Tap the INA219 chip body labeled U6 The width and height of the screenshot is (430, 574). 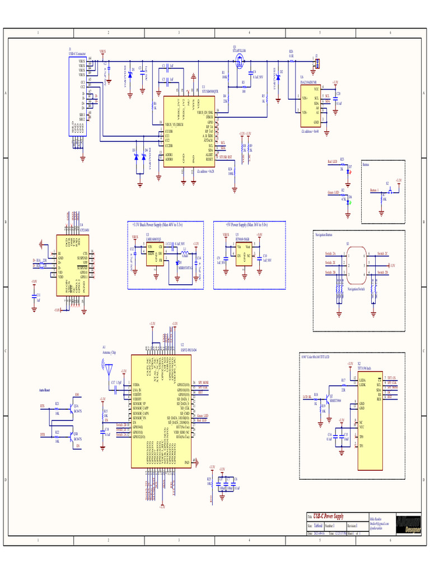click(x=308, y=106)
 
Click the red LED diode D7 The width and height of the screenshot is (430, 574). click(x=349, y=169)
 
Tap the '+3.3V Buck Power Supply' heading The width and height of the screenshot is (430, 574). click(x=158, y=224)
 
